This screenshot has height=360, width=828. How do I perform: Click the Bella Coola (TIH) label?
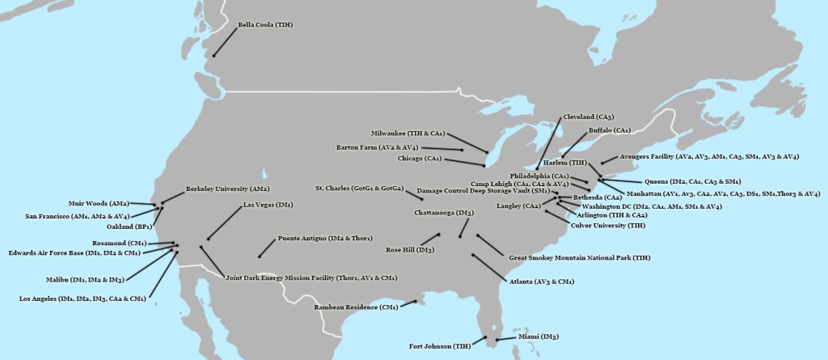click(264, 25)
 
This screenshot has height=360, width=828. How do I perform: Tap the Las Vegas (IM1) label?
click(268, 205)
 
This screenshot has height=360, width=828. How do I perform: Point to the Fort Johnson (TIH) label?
click(440, 346)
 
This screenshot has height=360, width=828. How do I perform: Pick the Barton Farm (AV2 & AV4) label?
click(377, 147)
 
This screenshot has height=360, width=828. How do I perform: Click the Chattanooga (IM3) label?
click(443, 212)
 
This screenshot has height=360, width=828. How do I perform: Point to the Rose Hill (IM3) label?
click(410, 250)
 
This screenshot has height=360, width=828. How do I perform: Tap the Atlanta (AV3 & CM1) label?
click(541, 282)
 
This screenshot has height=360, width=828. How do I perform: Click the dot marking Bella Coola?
click(214, 56)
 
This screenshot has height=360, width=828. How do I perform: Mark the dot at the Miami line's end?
click(497, 340)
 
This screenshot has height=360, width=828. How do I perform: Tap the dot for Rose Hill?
click(439, 235)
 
